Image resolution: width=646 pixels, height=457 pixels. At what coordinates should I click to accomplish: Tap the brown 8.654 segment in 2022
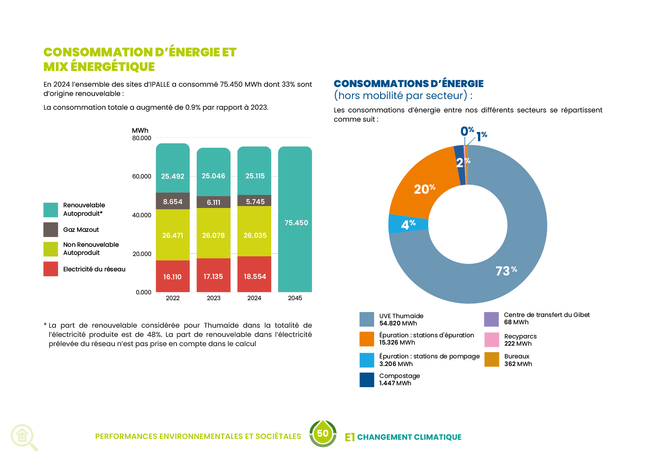(173, 201)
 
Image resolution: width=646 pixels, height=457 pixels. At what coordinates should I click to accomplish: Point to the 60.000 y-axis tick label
(142, 177)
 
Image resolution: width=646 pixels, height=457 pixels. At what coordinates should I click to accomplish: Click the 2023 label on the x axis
(213, 298)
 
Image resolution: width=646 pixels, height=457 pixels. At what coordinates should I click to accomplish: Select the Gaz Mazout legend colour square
(51, 230)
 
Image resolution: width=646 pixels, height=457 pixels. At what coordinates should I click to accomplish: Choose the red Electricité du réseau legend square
(51, 269)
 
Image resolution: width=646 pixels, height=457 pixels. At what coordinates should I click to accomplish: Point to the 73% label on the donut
(506, 271)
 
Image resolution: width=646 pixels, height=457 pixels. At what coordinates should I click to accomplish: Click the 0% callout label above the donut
(467, 131)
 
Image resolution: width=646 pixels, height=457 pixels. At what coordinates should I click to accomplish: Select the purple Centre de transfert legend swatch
(491, 319)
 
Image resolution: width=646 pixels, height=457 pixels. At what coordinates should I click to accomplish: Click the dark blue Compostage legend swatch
(367, 380)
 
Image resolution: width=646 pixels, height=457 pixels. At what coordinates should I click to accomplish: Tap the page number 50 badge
(323, 434)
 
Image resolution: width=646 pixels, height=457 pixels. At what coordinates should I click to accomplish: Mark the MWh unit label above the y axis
(140, 130)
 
